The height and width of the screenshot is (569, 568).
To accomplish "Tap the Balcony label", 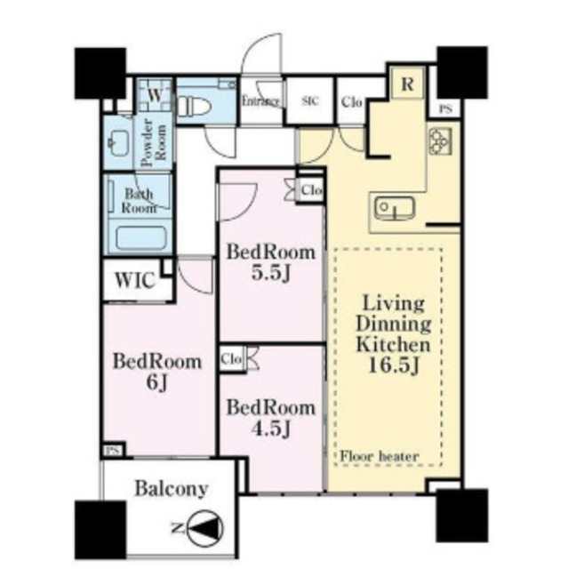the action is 172,489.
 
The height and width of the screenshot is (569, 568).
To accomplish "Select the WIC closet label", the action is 135,280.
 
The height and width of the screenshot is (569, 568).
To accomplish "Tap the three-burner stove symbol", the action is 440,140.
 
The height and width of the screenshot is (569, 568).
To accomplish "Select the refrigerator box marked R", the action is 408,84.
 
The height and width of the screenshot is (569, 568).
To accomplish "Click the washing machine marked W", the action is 156,95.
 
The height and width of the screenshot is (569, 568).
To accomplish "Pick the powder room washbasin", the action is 119,142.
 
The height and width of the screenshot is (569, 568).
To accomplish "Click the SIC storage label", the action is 310,100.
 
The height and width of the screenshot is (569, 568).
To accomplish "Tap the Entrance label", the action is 260,101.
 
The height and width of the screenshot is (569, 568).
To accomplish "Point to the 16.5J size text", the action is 394,365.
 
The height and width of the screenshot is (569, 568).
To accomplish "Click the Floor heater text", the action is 380,456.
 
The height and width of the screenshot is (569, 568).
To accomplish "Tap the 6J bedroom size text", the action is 156,383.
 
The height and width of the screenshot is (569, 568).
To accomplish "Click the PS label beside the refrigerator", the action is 445,109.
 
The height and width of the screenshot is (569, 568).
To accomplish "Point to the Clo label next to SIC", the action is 351,102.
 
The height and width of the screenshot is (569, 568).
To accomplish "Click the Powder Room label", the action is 154,142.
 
